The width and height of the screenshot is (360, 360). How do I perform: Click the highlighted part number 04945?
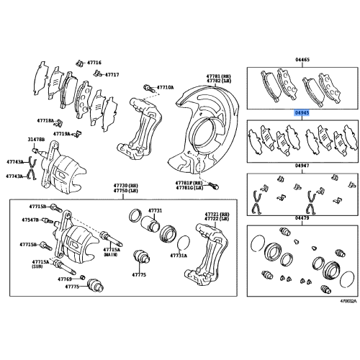302,113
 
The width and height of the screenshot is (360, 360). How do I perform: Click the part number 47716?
94,63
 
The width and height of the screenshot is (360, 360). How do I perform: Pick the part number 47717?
112,73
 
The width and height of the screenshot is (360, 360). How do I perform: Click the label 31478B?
35,139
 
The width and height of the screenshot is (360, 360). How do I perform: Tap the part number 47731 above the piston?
156,210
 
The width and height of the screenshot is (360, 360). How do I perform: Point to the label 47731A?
179,256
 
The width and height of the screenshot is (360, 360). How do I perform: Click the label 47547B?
30,220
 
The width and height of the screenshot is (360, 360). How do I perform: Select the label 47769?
66,278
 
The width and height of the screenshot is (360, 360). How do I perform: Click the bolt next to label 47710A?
148,88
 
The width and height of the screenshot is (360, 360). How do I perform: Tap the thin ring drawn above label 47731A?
183,241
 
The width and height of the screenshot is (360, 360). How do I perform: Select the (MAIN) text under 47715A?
110,255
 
